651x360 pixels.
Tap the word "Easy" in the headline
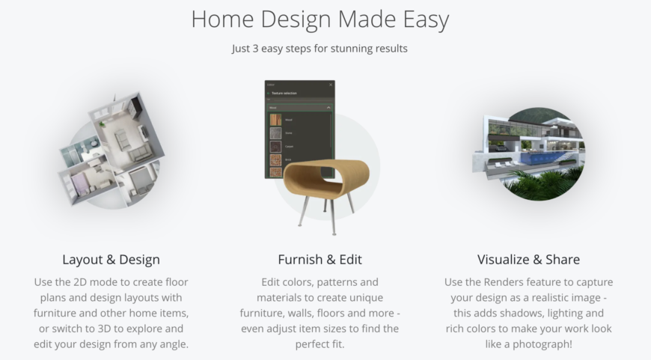(x=420, y=19)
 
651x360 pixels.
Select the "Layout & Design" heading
(x=111, y=260)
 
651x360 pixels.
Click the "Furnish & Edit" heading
(x=320, y=260)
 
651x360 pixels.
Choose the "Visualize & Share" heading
(x=528, y=260)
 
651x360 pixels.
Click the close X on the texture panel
(x=331, y=85)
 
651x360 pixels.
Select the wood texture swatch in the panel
(x=275, y=120)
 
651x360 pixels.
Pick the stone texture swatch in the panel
(x=275, y=134)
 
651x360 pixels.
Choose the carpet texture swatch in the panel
(x=275, y=147)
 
